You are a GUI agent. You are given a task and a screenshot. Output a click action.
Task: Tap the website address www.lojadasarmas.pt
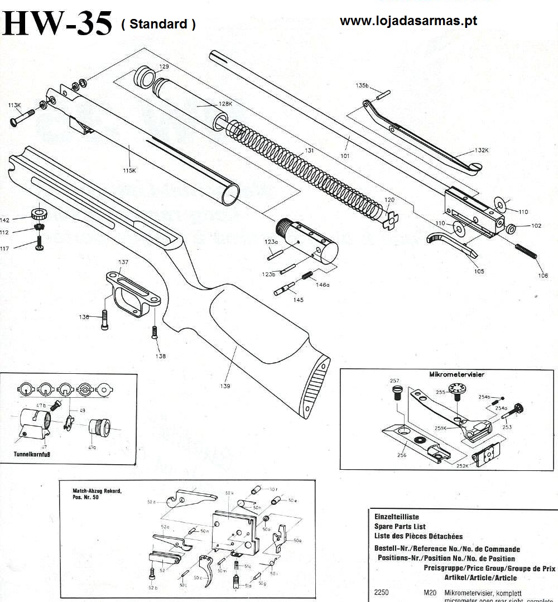(x=408, y=21)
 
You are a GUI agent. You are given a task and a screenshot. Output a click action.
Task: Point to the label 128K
(x=224, y=104)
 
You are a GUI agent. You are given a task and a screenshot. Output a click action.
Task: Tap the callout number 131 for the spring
(x=301, y=151)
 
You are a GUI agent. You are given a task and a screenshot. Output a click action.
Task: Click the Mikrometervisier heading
(x=456, y=374)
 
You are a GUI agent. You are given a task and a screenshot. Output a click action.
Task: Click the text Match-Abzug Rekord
(x=97, y=491)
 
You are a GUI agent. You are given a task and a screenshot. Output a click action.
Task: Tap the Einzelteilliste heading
(x=396, y=517)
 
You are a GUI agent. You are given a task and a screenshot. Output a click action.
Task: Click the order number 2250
(x=382, y=593)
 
